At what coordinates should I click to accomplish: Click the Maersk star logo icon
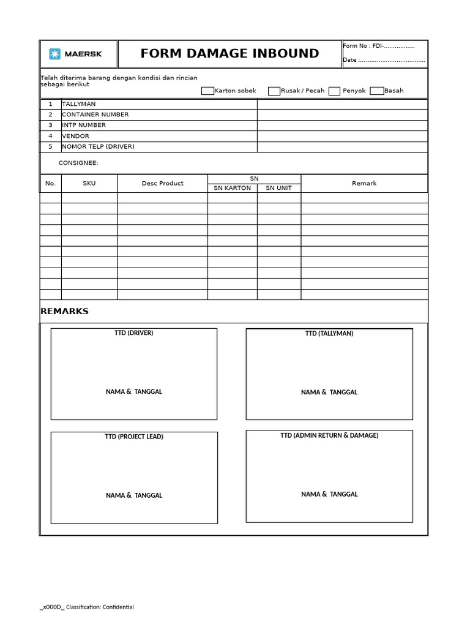click(55, 54)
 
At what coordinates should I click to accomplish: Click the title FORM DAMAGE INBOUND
click(229, 54)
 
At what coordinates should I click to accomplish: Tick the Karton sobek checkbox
click(207, 91)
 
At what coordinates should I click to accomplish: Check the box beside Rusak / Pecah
click(274, 91)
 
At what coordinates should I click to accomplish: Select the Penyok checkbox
click(334, 91)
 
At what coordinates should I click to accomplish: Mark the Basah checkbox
click(377, 91)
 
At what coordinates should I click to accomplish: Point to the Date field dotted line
click(392, 60)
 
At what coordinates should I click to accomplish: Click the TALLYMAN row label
click(78, 104)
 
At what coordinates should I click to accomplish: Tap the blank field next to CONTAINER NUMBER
click(341, 115)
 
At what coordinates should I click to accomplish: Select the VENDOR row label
click(75, 136)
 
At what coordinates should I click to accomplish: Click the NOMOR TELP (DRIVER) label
click(98, 147)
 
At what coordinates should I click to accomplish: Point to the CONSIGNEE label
click(78, 163)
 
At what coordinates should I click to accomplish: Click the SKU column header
click(89, 183)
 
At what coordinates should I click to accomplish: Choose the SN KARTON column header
click(232, 188)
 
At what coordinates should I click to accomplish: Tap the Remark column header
click(364, 183)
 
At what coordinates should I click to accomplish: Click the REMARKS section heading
click(64, 311)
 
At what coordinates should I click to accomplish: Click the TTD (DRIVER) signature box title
click(133, 333)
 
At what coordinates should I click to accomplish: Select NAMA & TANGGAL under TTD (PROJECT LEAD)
click(134, 495)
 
